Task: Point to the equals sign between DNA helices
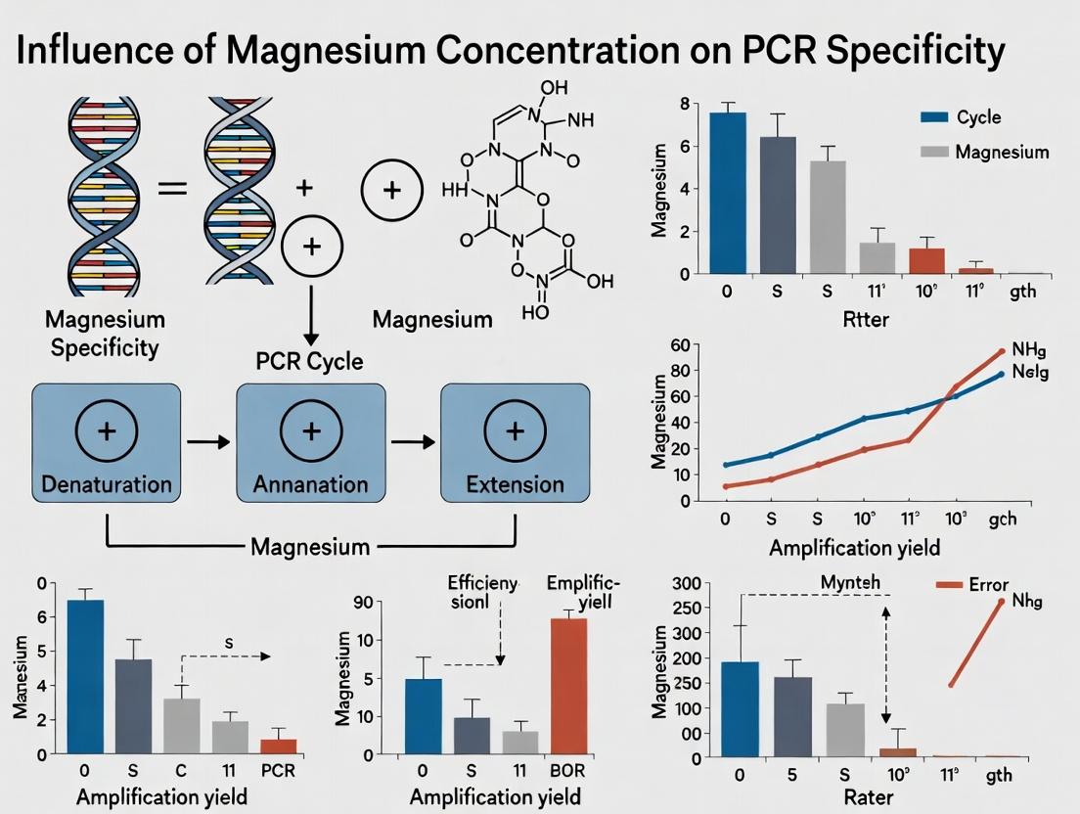(172, 186)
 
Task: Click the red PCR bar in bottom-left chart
(278, 746)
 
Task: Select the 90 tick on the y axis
(389, 603)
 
